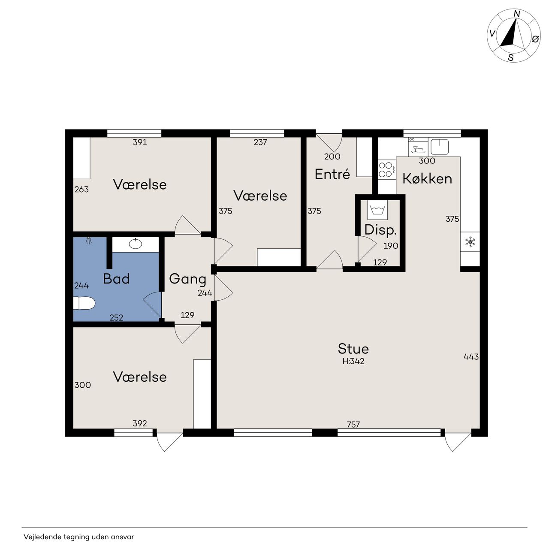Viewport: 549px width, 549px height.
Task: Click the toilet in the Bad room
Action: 84,303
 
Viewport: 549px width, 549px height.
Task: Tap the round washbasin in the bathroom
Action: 136,244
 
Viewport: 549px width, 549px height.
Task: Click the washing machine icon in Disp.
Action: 377,210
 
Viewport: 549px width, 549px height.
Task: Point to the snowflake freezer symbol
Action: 470,242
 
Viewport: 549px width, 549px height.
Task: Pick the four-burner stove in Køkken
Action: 386,169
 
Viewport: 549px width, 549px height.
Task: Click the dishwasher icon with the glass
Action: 418,147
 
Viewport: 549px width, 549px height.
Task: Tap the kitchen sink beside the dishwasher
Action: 440,147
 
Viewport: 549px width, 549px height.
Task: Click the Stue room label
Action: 353,349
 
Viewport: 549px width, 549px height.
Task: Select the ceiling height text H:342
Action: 353,361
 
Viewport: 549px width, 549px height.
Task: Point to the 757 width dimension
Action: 353,425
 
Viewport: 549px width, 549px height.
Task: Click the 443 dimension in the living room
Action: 471,356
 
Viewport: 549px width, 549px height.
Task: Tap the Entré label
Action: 332,174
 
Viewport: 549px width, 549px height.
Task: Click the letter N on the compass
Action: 517,14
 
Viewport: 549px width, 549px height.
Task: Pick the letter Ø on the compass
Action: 535,39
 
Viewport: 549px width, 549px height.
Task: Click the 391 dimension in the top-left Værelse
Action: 140,142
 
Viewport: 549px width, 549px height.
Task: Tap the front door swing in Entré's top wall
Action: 329,142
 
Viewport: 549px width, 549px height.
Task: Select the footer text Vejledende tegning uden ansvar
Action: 78,537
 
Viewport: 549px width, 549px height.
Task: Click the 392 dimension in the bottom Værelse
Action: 140,423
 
